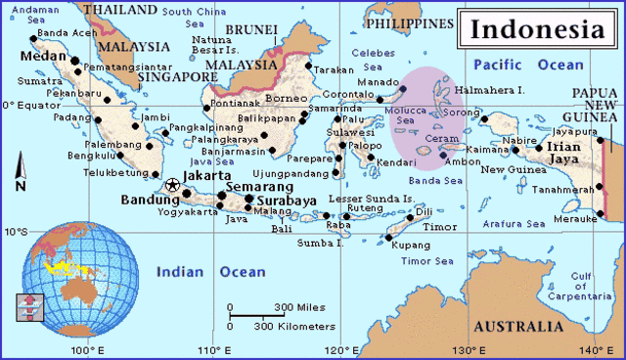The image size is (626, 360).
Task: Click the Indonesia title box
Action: pyautogui.click(x=539, y=28)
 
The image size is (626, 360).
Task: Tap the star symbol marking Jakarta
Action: pyautogui.click(x=173, y=184)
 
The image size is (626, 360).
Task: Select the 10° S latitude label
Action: pyautogui.click(x=15, y=233)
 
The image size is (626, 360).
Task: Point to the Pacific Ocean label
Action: pyautogui.click(x=527, y=65)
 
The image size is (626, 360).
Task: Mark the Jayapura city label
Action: pyautogui.click(x=574, y=130)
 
